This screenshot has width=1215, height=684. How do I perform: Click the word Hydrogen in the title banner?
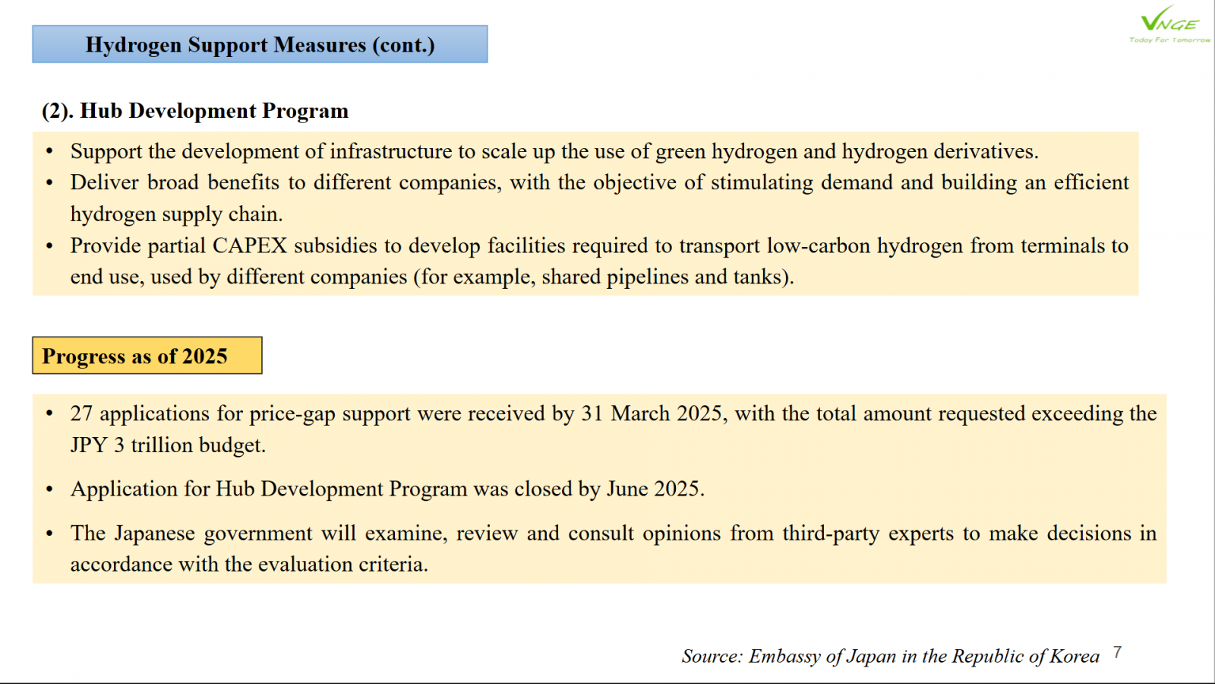coord(133,45)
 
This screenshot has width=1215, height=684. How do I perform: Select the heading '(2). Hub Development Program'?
coord(195,111)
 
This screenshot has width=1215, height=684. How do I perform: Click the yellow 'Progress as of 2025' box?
coord(147,356)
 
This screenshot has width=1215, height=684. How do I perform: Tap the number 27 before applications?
coord(81,413)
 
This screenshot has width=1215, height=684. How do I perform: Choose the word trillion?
coord(160,445)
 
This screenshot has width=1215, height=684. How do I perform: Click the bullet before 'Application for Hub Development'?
coord(49,489)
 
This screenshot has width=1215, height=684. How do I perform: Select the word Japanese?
coord(154,534)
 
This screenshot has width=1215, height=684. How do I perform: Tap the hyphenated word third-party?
coord(831,534)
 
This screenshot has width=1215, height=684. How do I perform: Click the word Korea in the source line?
coord(1074,657)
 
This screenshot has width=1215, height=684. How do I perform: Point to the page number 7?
coord(1117,653)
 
